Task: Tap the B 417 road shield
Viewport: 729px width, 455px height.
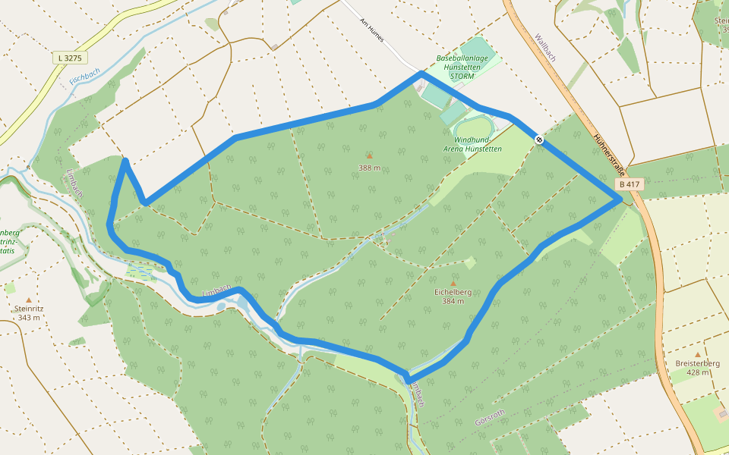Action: tap(628, 184)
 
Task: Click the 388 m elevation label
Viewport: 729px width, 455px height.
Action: tap(370, 168)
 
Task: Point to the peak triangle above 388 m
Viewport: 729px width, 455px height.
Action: tap(370, 156)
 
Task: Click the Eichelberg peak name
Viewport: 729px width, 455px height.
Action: tap(453, 292)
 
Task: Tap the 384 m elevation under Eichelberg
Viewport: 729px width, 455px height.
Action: tap(453, 301)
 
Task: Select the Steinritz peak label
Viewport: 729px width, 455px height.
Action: tap(29, 309)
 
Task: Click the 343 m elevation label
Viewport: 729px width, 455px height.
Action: tap(29, 318)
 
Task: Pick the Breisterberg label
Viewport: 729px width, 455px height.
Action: tap(697, 363)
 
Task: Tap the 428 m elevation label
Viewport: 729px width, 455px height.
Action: tap(697, 372)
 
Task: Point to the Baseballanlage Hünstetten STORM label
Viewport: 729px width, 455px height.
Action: tap(462, 67)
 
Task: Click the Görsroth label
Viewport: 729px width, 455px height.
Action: tap(489, 416)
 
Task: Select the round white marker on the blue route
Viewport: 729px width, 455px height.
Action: tap(538, 140)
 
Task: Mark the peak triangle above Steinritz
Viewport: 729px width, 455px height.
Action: tap(29, 300)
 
